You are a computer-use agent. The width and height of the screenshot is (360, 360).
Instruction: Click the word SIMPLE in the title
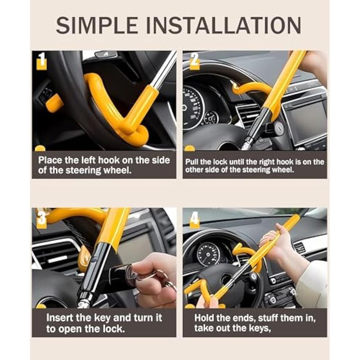97,25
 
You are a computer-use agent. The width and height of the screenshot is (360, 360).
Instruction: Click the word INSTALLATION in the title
224,25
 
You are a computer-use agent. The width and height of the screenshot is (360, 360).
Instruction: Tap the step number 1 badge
41,61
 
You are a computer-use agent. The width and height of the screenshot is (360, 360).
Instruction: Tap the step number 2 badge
195,61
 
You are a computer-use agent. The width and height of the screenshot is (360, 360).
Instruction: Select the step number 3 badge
41,219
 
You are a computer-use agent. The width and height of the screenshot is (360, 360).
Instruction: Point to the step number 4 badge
194,219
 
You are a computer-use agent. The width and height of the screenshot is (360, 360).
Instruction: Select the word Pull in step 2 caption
192,162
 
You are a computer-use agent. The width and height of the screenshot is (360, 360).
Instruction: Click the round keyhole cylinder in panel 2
279,127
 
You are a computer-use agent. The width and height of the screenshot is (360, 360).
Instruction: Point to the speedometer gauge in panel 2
193,106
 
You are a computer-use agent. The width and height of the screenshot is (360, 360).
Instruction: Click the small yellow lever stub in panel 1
54,103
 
